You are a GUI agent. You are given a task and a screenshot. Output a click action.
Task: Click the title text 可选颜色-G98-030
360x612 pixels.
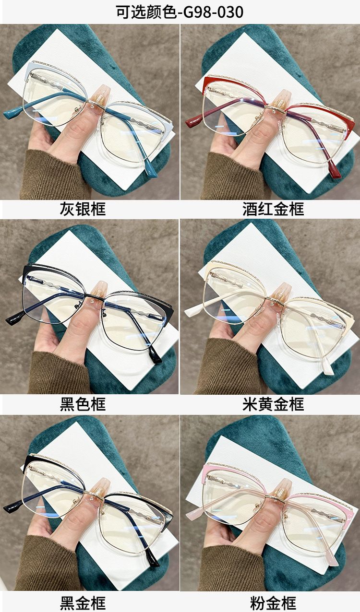pos(180,12)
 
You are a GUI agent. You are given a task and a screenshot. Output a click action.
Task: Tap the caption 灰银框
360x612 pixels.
pos(83,209)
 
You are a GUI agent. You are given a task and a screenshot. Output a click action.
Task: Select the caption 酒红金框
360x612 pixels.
pos(273,209)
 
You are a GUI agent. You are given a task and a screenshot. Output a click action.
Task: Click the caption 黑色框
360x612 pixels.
pos(83,404)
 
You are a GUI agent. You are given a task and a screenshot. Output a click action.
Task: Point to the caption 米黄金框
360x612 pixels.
pos(273,404)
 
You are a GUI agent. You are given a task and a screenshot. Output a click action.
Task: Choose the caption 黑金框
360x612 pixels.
pos(83,603)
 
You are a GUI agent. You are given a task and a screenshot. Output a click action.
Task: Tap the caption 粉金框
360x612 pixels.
pos(273,603)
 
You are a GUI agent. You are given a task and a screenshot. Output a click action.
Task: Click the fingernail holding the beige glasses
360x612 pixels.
pos(278,294)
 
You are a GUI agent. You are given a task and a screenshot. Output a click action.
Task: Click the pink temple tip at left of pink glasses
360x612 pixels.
pos(194,510)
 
